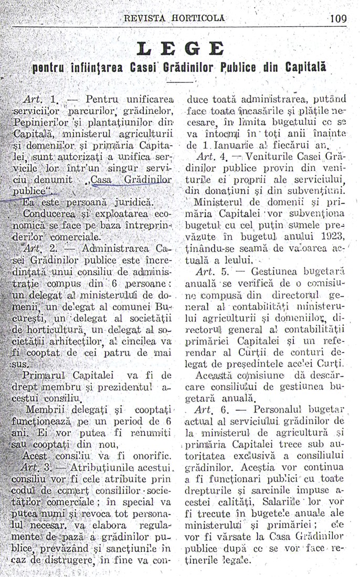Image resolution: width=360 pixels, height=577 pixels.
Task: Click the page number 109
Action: click(338, 19)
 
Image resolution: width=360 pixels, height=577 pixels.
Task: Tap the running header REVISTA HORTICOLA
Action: click(174, 18)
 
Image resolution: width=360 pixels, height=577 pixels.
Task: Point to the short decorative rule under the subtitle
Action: click(181, 82)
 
